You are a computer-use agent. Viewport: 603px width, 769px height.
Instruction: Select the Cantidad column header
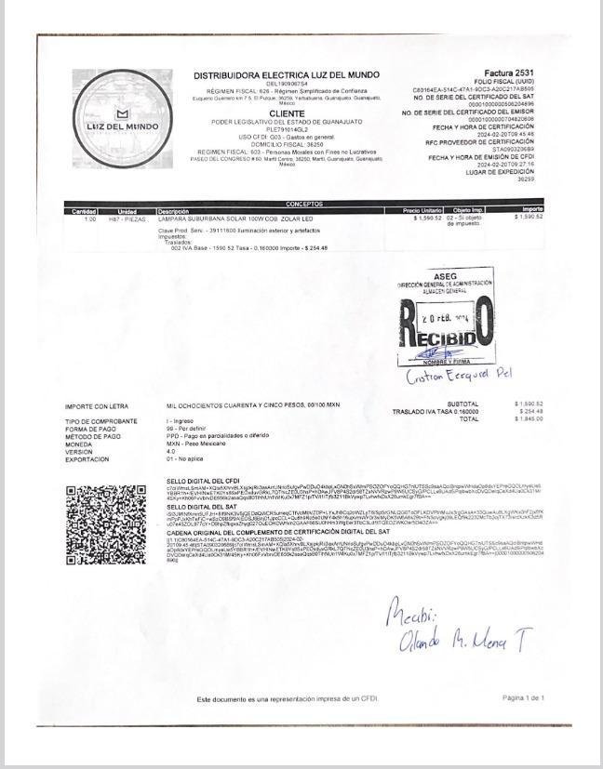coord(84,211)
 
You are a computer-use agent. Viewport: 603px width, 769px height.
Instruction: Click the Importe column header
coord(532,211)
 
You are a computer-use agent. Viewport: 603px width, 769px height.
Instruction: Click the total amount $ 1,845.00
coord(529,418)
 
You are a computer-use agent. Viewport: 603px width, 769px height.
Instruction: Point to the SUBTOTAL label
coord(462,404)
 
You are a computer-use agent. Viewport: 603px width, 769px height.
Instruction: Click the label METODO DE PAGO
coord(93,436)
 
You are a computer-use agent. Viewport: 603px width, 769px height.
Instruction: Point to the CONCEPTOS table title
coord(304,204)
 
